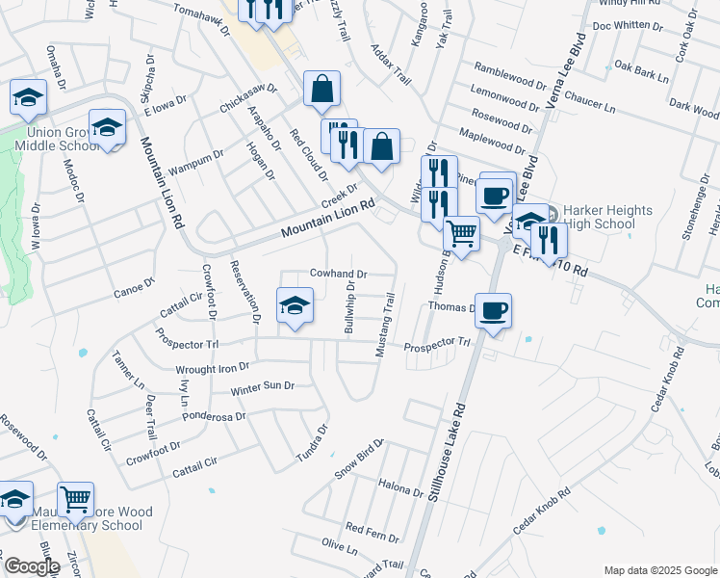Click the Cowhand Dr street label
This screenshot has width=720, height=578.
point(338,275)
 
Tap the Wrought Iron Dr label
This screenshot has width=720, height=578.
point(212,367)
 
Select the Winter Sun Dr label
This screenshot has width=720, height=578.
point(262,386)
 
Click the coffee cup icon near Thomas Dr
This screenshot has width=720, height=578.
point(494,311)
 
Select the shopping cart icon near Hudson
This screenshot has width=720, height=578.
point(462,233)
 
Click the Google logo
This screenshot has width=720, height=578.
point(31,566)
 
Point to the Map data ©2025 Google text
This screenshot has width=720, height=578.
point(660,570)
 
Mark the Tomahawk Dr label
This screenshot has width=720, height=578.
point(202,18)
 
